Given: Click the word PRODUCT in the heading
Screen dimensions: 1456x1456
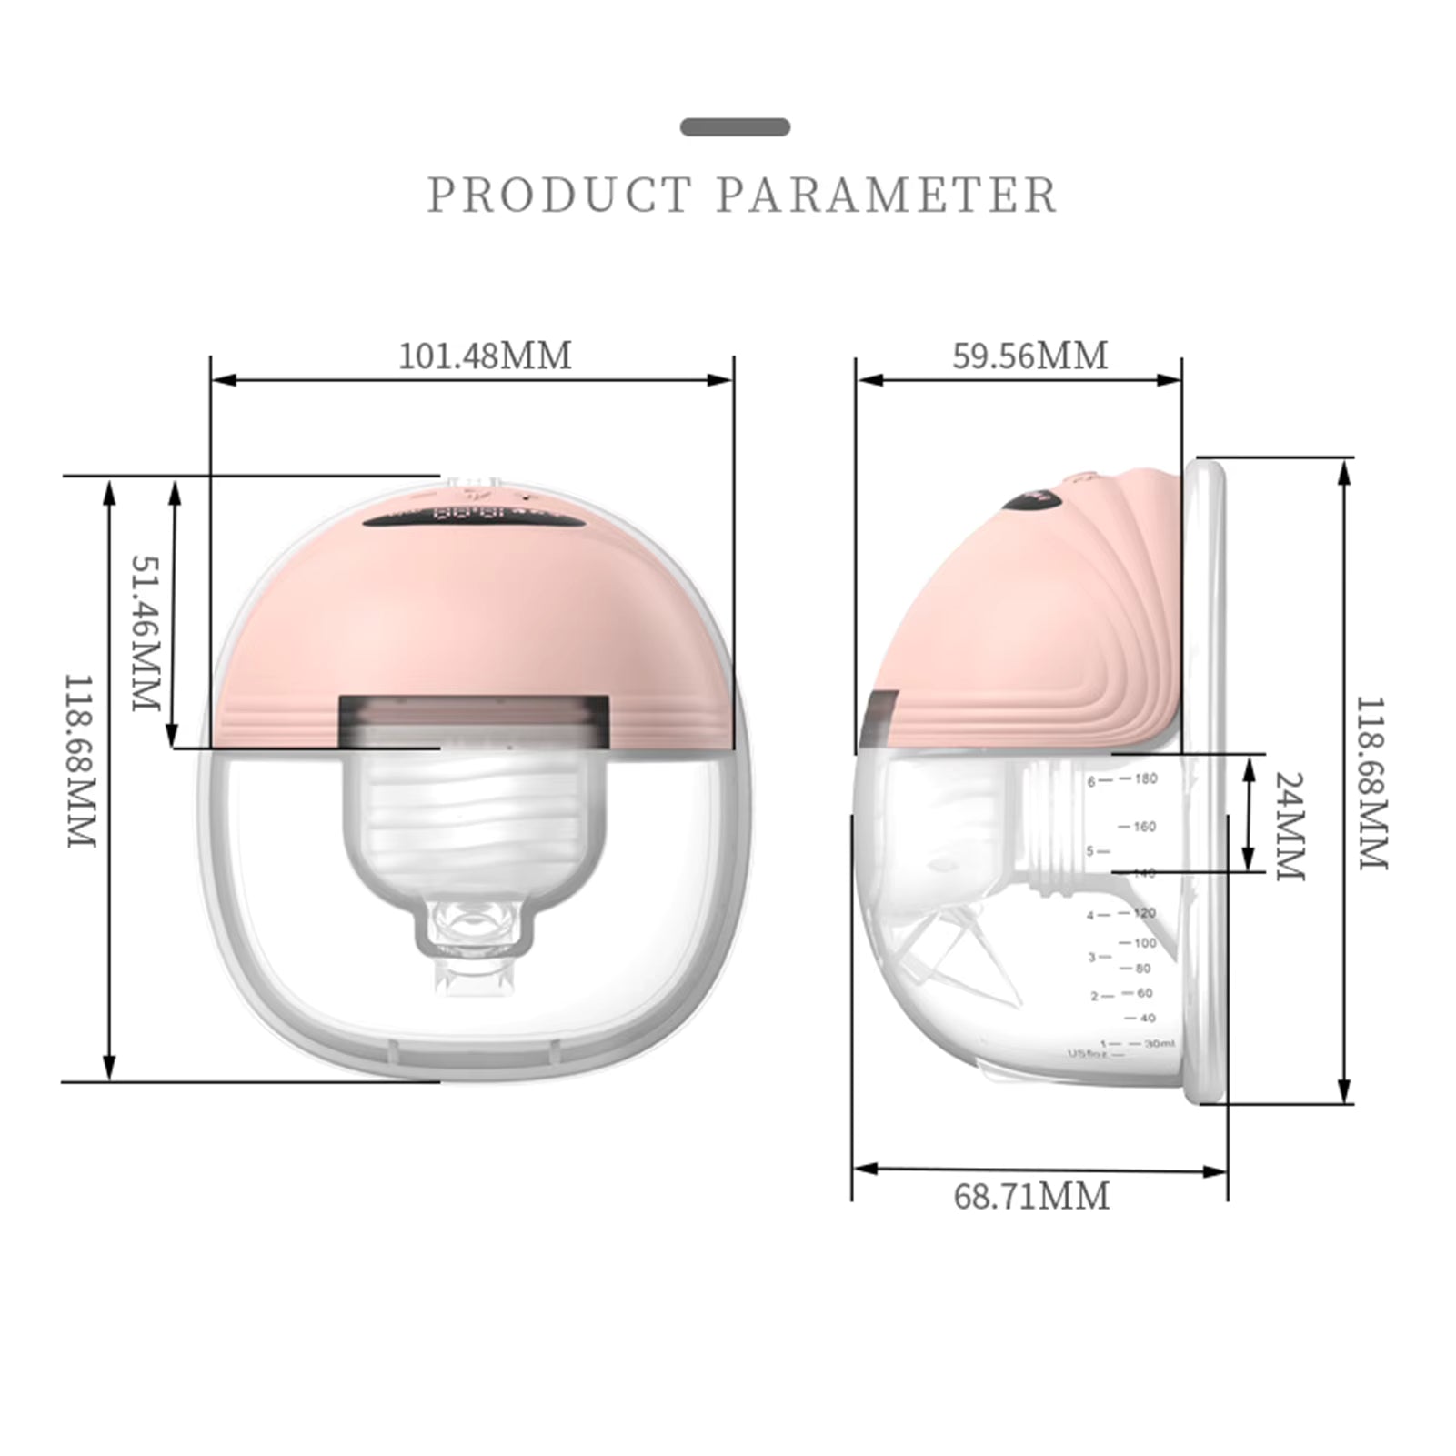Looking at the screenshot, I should tap(559, 196).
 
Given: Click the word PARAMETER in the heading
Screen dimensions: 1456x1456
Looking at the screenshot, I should tap(887, 196).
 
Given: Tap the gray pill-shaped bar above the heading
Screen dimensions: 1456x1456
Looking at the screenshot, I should tap(735, 127).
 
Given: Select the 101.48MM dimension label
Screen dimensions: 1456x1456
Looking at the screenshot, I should tap(486, 356).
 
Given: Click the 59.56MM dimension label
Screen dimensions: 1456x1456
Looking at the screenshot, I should tap(1030, 356).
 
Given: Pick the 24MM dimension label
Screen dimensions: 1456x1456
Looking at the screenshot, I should tap(1289, 826).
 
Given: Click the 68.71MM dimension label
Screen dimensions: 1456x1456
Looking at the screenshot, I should tap(1031, 1196).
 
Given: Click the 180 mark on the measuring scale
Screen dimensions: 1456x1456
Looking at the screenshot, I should tap(1145, 778).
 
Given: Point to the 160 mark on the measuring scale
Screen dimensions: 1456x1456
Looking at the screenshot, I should tap(1144, 827).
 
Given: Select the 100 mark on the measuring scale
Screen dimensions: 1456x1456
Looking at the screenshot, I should tap(1144, 943).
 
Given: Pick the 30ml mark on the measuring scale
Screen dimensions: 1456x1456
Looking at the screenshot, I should tap(1159, 1043).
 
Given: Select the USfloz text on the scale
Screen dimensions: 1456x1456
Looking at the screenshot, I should tap(1087, 1054).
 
